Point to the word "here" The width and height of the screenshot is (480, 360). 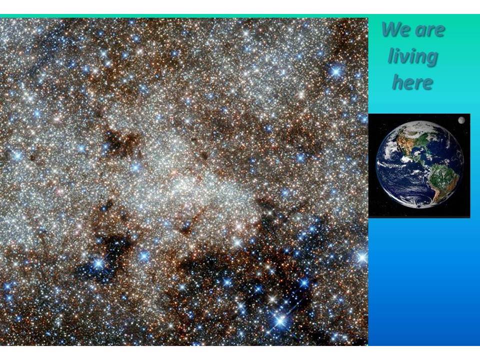(x=412, y=82)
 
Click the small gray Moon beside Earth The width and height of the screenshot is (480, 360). (x=461, y=120)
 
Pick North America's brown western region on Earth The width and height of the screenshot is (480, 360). (x=405, y=142)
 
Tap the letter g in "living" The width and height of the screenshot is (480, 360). (x=431, y=59)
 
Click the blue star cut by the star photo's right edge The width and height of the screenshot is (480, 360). (x=363, y=257)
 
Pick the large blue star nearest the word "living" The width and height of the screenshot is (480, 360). (x=336, y=71)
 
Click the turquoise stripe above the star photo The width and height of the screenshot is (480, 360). (x=183, y=16)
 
